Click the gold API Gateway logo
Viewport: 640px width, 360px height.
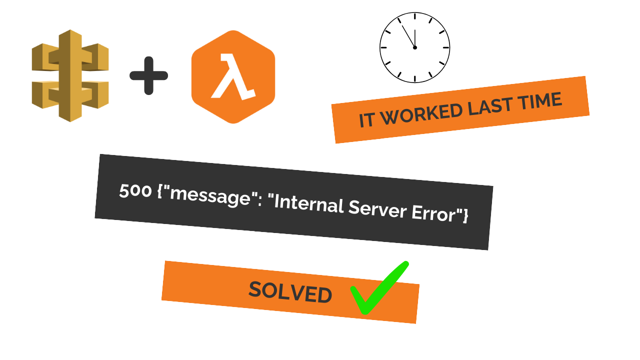pyautogui.click(x=70, y=75)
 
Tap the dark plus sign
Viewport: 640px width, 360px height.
pyautogui.click(x=148, y=75)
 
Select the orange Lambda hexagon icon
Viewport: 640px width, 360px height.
pyautogui.click(x=233, y=76)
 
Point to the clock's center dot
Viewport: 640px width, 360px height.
pyautogui.click(x=415, y=47)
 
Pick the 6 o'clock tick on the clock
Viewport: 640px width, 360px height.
pyautogui.click(x=415, y=78)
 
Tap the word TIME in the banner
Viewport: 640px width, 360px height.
pyautogui.click(x=542, y=101)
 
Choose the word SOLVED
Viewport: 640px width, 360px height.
pyautogui.click(x=290, y=292)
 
